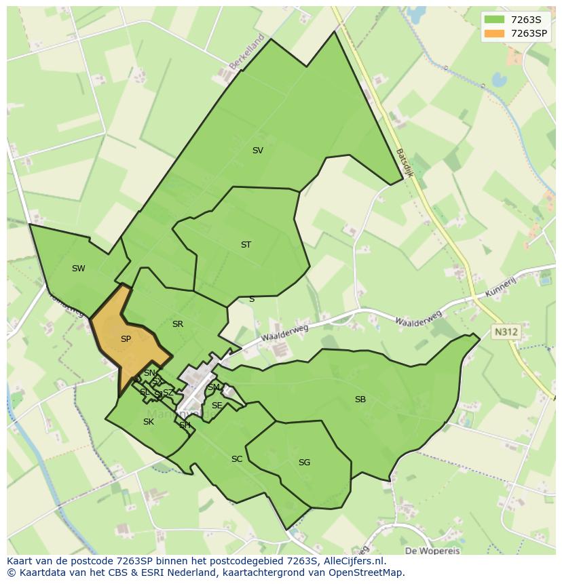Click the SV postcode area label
point(257,151)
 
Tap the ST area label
point(246,245)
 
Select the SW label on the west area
point(78,269)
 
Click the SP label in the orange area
point(126,339)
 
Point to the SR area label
point(178,324)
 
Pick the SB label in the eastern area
point(360,400)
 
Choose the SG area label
point(304,463)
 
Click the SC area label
point(236,459)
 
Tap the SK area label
point(148,422)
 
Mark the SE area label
point(217,406)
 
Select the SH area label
point(185,425)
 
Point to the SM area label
point(214,387)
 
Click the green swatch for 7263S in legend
point(494,19)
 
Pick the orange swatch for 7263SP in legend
point(494,33)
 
